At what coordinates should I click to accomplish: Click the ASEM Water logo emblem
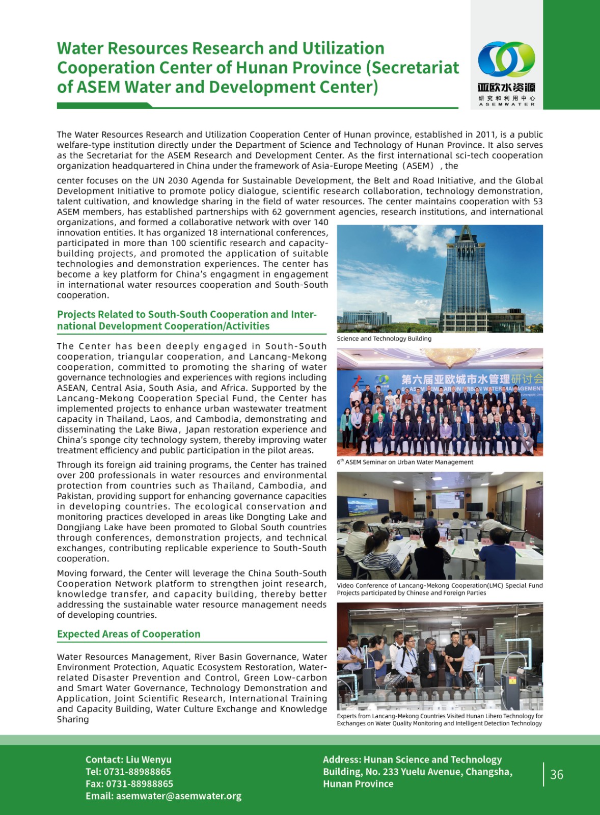pos(506,60)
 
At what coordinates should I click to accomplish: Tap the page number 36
pos(557,775)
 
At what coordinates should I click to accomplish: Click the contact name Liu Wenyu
pos(149,759)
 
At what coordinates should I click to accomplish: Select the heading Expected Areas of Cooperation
pos(128,634)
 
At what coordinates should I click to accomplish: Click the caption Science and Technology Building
pos(384,339)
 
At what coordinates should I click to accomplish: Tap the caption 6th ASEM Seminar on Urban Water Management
pos(405,463)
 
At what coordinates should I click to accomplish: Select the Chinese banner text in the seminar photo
pos(471,379)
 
